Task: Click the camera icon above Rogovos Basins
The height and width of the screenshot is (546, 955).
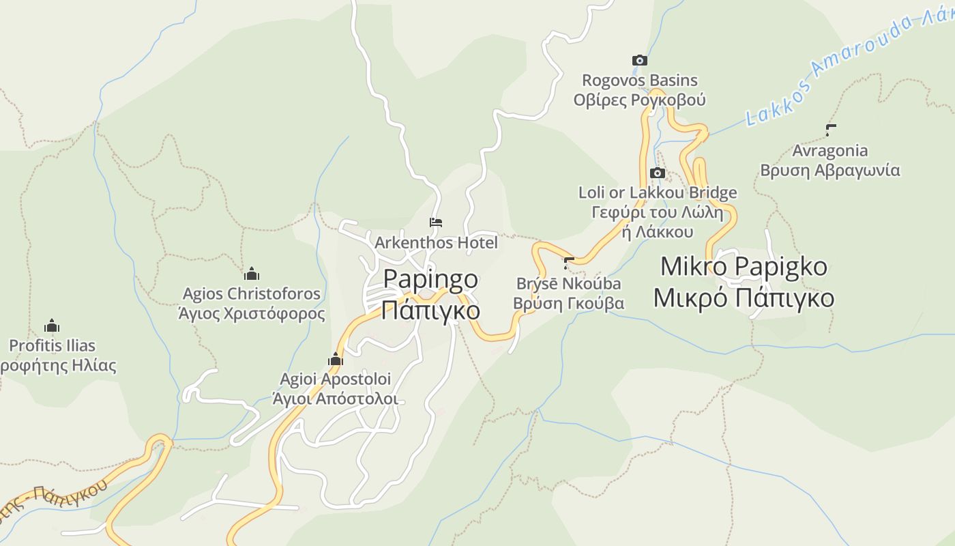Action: (639, 61)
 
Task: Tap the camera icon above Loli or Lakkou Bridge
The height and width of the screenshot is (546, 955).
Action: (658, 173)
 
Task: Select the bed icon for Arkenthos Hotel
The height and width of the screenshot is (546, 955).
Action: (436, 222)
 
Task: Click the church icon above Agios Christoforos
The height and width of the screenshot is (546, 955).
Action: (252, 274)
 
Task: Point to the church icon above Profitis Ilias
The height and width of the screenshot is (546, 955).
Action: (52, 326)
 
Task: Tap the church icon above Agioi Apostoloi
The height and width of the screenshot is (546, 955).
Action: (336, 360)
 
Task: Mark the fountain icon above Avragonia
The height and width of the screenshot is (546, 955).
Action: (831, 130)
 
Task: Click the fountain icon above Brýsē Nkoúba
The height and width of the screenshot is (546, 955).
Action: (569, 263)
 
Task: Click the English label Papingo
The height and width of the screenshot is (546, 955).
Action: (430, 279)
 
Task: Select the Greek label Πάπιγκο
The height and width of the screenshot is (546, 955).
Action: (430, 311)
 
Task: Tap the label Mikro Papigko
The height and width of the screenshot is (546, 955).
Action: (744, 266)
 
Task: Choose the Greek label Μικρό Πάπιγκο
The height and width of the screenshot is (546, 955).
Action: (744, 298)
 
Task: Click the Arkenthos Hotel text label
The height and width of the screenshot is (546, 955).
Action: (436, 243)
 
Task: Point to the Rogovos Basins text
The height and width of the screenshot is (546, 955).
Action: (639, 81)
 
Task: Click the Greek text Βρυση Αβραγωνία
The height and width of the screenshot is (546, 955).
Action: (830, 171)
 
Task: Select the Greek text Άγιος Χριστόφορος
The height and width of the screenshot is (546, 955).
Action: (252, 314)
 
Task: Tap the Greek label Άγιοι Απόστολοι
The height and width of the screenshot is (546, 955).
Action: (335, 399)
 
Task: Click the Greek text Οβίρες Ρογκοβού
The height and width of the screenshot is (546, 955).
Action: (639, 100)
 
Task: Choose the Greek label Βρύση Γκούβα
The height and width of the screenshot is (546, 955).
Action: (569, 303)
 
